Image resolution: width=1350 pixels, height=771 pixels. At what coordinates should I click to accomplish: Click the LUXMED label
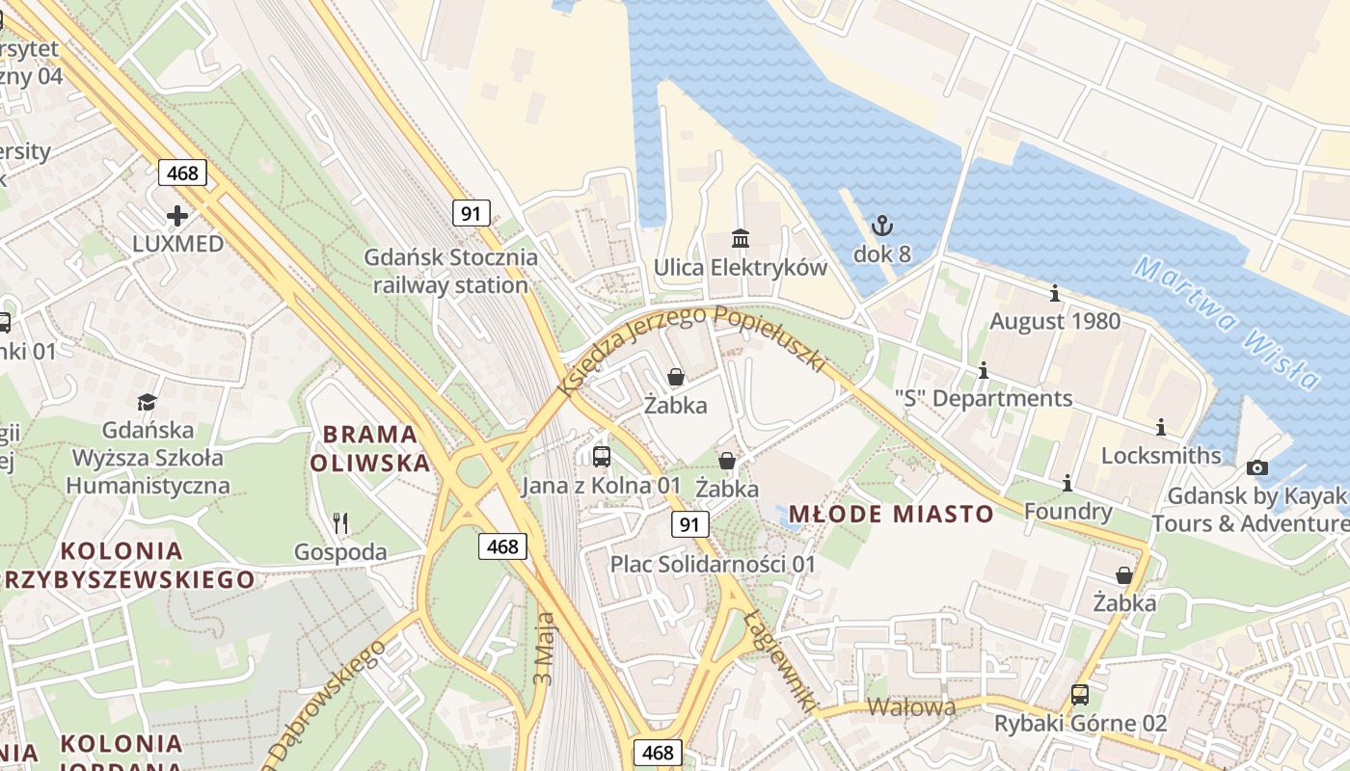point(177,244)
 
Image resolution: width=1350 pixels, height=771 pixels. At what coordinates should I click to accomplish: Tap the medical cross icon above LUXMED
point(177,215)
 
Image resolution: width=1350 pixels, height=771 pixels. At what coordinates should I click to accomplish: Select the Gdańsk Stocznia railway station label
point(450,272)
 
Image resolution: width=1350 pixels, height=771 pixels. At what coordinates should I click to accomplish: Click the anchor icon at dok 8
point(881,226)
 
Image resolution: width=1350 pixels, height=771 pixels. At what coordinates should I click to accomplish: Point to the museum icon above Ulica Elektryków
point(740,238)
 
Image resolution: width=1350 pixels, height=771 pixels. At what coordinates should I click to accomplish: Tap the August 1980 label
point(1055,321)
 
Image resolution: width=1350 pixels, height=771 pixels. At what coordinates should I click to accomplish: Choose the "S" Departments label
point(983,398)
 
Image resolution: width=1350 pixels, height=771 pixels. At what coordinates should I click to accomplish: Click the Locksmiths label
point(1161,455)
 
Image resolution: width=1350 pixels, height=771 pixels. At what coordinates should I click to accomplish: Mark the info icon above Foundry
point(1067,483)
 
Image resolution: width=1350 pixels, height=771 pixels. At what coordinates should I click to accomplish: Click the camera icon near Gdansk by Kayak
point(1257,468)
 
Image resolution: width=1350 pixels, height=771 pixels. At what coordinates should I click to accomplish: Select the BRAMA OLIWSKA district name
point(370,448)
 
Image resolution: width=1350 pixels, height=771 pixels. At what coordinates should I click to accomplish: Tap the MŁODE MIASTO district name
point(891,514)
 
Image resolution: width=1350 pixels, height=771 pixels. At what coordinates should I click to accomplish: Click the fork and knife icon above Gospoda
point(339,523)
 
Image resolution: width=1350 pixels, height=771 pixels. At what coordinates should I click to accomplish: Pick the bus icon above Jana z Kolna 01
point(602,457)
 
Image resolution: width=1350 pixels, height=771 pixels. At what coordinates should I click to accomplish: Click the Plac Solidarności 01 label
point(713,564)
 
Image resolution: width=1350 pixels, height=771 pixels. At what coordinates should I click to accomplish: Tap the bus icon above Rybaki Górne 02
point(1080,695)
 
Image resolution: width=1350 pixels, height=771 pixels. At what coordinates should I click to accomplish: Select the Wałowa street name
point(911,707)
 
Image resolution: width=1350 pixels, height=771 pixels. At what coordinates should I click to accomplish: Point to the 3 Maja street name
point(544,648)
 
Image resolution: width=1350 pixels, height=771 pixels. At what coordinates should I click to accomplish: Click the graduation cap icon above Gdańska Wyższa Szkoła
point(147,402)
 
